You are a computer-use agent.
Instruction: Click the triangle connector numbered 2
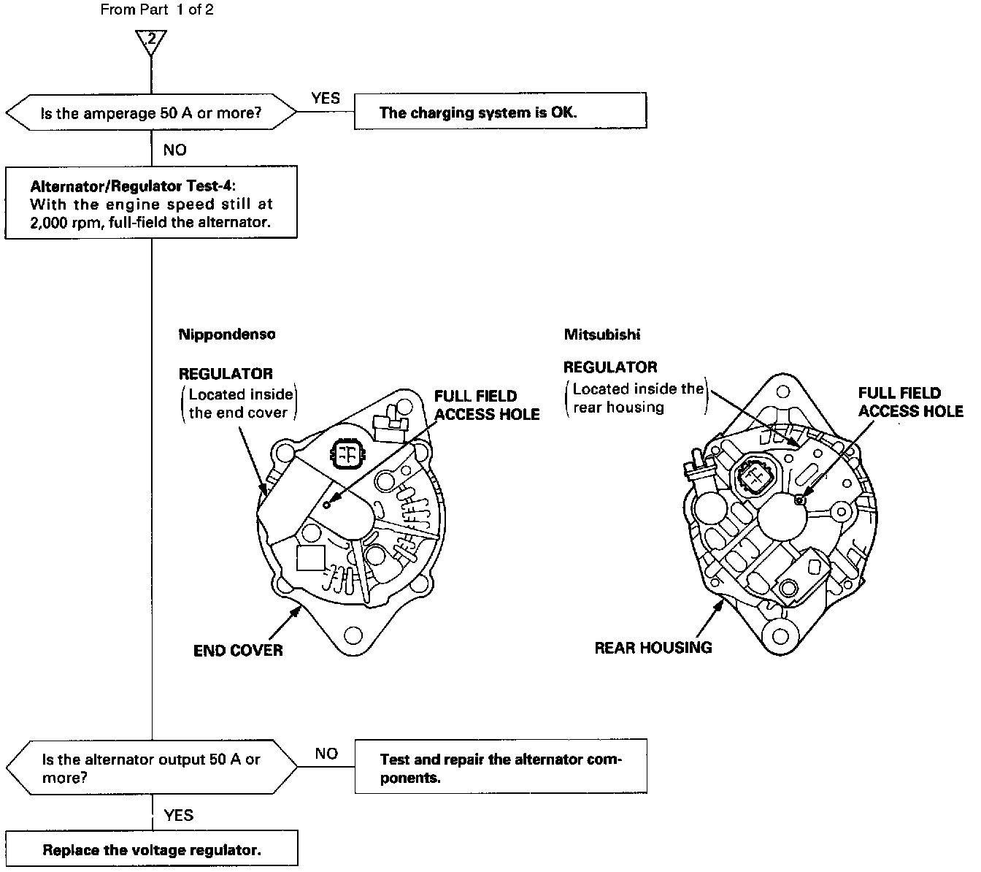coord(151,42)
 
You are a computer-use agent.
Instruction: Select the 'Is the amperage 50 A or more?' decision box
coord(151,113)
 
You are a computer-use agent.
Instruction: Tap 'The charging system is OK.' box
coord(500,112)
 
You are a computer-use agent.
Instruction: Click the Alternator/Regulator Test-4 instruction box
coord(151,203)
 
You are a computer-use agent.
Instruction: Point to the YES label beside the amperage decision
coord(326,99)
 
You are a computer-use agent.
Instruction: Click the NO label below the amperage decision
coord(174,150)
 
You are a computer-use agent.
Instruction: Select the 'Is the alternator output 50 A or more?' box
coord(151,768)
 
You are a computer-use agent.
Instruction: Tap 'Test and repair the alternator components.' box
coord(501,768)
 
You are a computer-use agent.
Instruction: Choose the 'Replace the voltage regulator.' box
coord(151,849)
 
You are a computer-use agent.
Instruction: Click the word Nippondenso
coord(227,334)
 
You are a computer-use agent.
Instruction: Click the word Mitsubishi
coord(601,334)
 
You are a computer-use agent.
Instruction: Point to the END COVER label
coord(238,650)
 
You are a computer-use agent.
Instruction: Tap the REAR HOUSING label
coord(653,647)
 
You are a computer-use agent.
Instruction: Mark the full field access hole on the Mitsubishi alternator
coord(801,499)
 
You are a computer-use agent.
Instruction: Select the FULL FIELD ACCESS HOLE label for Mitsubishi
coord(910,402)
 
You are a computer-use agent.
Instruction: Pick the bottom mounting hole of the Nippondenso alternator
coord(353,634)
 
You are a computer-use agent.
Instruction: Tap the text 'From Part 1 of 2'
coord(158,9)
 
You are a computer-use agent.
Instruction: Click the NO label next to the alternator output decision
coord(326,754)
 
